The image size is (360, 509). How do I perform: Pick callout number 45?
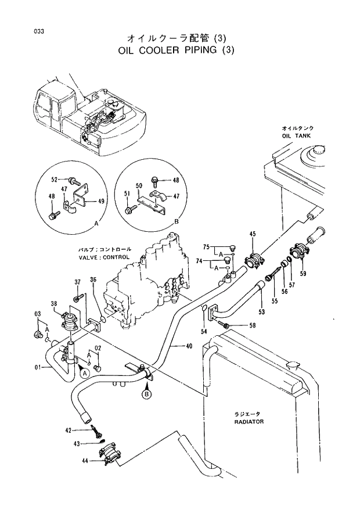coord(252,234)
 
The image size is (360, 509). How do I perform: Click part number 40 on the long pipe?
coord(189,346)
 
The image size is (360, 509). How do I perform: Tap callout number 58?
coord(252,326)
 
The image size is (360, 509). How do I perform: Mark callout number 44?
coord(85,460)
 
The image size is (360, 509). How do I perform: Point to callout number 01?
coord(38,367)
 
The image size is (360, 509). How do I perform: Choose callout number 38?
coord(53,304)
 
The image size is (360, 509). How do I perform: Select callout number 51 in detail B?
coord(127,194)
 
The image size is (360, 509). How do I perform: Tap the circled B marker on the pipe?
coord(146,395)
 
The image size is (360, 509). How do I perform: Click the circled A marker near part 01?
coord(85,372)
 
